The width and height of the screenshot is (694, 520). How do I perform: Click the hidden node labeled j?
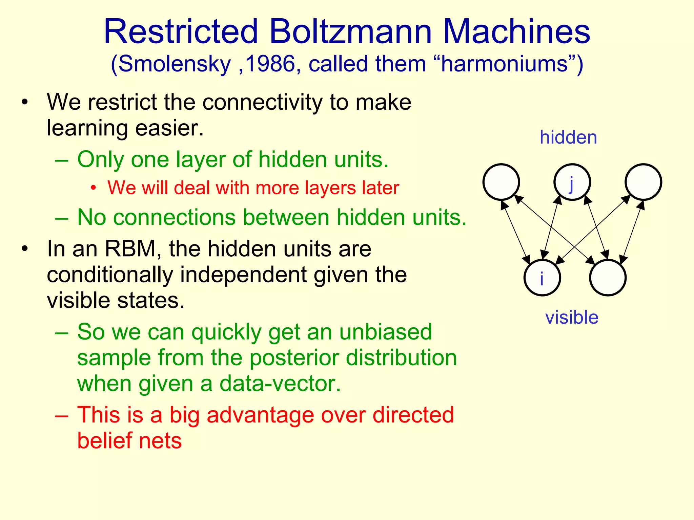tap(572, 182)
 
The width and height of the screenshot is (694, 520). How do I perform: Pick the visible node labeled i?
tap(542, 278)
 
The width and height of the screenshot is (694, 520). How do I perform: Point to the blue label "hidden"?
tap(568, 137)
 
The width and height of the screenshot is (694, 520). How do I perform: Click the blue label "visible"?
tap(572, 318)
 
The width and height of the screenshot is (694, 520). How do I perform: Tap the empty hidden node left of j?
tap(501, 182)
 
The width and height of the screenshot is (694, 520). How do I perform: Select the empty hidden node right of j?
tap(643, 182)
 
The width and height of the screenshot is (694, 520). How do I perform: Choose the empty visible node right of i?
tap(608, 278)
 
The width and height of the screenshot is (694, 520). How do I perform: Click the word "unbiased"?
tap(386, 332)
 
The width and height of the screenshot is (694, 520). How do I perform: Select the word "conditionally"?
tap(110, 275)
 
